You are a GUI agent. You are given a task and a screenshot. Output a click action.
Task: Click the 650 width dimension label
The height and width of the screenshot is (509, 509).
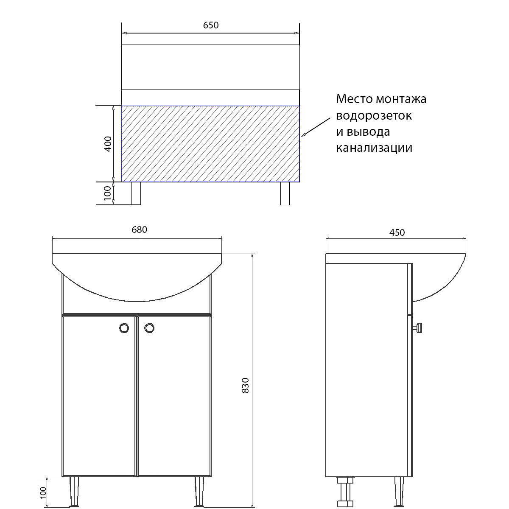pyautogui.click(x=211, y=25)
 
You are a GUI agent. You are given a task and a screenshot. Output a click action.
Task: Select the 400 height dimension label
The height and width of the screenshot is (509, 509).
pyautogui.click(x=108, y=144)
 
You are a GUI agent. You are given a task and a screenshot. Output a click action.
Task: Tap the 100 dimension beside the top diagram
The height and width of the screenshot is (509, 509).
pyautogui.click(x=108, y=193)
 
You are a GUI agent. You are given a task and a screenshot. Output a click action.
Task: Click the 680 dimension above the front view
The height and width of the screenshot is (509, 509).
pyautogui.click(x=139, y=229)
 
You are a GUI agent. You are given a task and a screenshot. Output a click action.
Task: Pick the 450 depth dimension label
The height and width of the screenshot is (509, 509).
pyautogui.click(x=397, y=232)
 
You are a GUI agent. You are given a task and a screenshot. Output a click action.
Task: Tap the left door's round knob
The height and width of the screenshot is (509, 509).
pyautogui.click(x=124, y=328)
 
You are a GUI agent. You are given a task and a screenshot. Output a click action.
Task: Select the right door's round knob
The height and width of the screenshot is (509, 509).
pyautogui.click(x=149, y=328)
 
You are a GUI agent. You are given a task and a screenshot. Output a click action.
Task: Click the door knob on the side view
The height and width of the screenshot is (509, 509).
pyautogui.click(x=418, y=327)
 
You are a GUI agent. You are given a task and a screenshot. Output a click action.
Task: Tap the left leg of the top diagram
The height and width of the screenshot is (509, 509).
pyautogui.click(x=136, y=193)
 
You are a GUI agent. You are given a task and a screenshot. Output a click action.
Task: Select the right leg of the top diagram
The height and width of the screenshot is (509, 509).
pyautogui.click(x=285, y=193)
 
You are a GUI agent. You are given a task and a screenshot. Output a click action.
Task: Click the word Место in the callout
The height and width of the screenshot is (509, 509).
pyautogui.click(x=354, y=99)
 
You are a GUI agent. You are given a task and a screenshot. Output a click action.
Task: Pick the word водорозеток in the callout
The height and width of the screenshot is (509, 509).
pyautogui.click(x=374, y=115)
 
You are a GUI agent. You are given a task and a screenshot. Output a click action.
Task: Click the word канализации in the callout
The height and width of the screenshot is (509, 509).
pyautogui.click(x=374, y=148)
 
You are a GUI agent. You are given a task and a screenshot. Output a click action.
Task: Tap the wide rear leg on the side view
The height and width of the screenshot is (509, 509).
pyautogui.click(x=345, y=492)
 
